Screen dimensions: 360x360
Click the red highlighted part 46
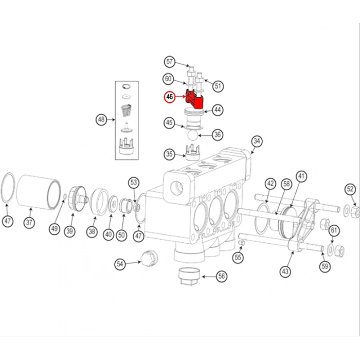tap(195, 100)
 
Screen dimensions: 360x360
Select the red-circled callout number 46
tap(170, 96)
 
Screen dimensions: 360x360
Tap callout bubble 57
tap(170, 62)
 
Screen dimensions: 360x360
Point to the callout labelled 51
tap(218, 86)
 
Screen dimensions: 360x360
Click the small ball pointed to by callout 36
tap(192, 134)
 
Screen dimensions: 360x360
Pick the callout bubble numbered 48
tap(101, 120)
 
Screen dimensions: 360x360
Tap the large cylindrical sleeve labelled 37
tap(39, 191)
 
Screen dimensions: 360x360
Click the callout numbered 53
tap(134, 182)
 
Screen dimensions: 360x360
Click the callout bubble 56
tap(221, 277)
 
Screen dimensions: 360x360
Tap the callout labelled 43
tap(285, 271)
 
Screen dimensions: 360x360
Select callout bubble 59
tap(324, 266)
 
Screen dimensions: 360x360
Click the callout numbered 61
tap(334, 230)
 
